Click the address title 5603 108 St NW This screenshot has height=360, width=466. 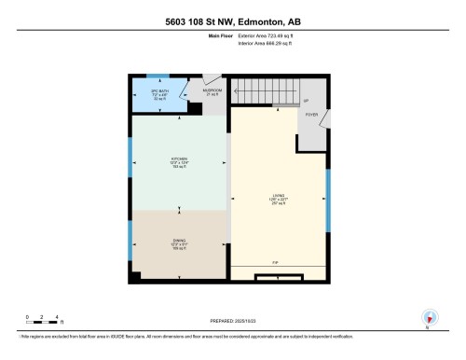point(232,21)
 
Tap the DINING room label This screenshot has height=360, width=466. point(180,244)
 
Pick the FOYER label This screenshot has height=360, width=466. point(312,117)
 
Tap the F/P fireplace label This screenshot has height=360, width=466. point(277,264)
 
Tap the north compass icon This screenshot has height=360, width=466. point(428,316)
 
